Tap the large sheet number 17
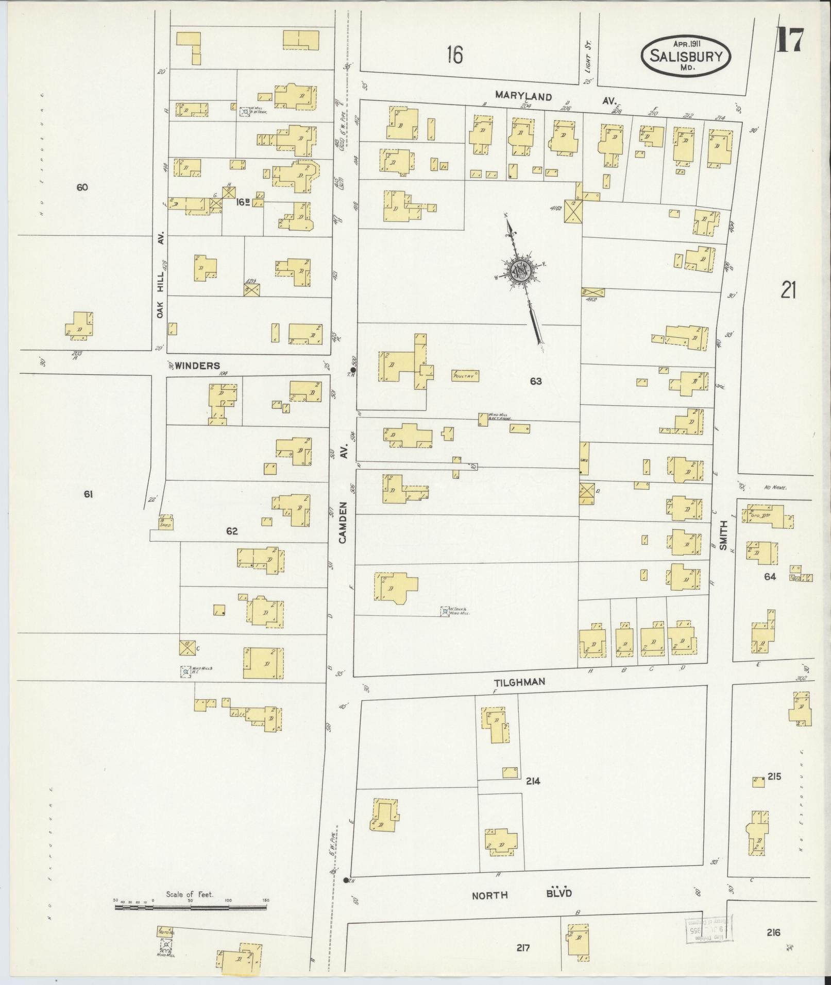(789, 40)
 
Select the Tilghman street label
(519, 682)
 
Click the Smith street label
(723, 535)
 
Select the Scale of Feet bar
(191, 905)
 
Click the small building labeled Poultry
(466, 375)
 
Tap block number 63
(536, 381)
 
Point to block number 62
(232, 531)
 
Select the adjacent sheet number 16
(454, 54)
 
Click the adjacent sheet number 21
(788, 291)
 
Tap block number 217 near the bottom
(522, 948)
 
